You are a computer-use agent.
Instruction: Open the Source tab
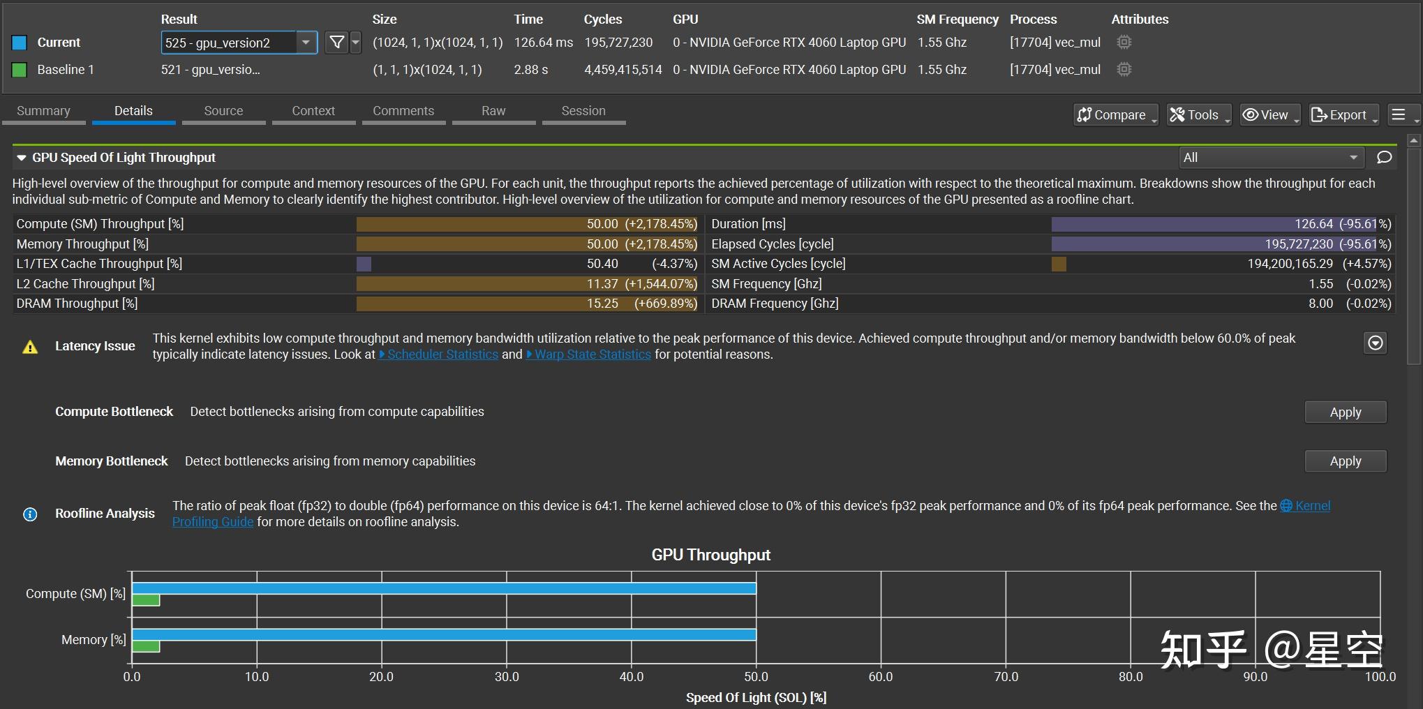223,111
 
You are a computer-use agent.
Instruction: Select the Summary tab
43,111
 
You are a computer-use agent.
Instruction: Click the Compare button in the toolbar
1115,115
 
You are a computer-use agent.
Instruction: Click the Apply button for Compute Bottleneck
1345,412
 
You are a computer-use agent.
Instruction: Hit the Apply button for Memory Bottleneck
1345,461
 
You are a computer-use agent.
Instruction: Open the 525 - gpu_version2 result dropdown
239,43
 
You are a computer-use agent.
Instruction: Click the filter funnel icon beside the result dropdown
337,43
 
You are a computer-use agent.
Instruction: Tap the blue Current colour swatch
20,43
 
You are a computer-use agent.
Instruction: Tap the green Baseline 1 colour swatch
20,70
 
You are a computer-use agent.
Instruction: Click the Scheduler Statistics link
442,354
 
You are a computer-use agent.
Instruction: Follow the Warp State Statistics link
593,354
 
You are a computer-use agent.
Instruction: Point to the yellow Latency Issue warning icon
30,347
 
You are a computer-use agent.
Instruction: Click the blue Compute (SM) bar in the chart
444,588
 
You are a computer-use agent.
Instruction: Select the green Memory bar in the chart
146,647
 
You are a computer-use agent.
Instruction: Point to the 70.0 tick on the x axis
1006,677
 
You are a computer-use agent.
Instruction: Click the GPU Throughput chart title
710,555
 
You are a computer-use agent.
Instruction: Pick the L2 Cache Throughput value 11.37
602,284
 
